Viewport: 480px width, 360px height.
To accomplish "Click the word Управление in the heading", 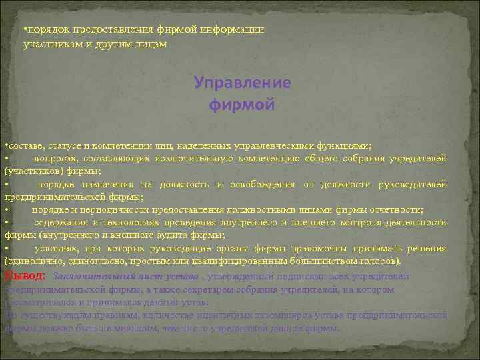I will click(243, 83).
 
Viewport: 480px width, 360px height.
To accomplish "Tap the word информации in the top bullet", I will click(226, 29).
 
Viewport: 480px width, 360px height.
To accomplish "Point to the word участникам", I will click(51, 43).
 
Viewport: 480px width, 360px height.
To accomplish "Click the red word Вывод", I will click(24, 275).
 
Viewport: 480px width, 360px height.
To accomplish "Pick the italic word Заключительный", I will click(89, 275).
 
